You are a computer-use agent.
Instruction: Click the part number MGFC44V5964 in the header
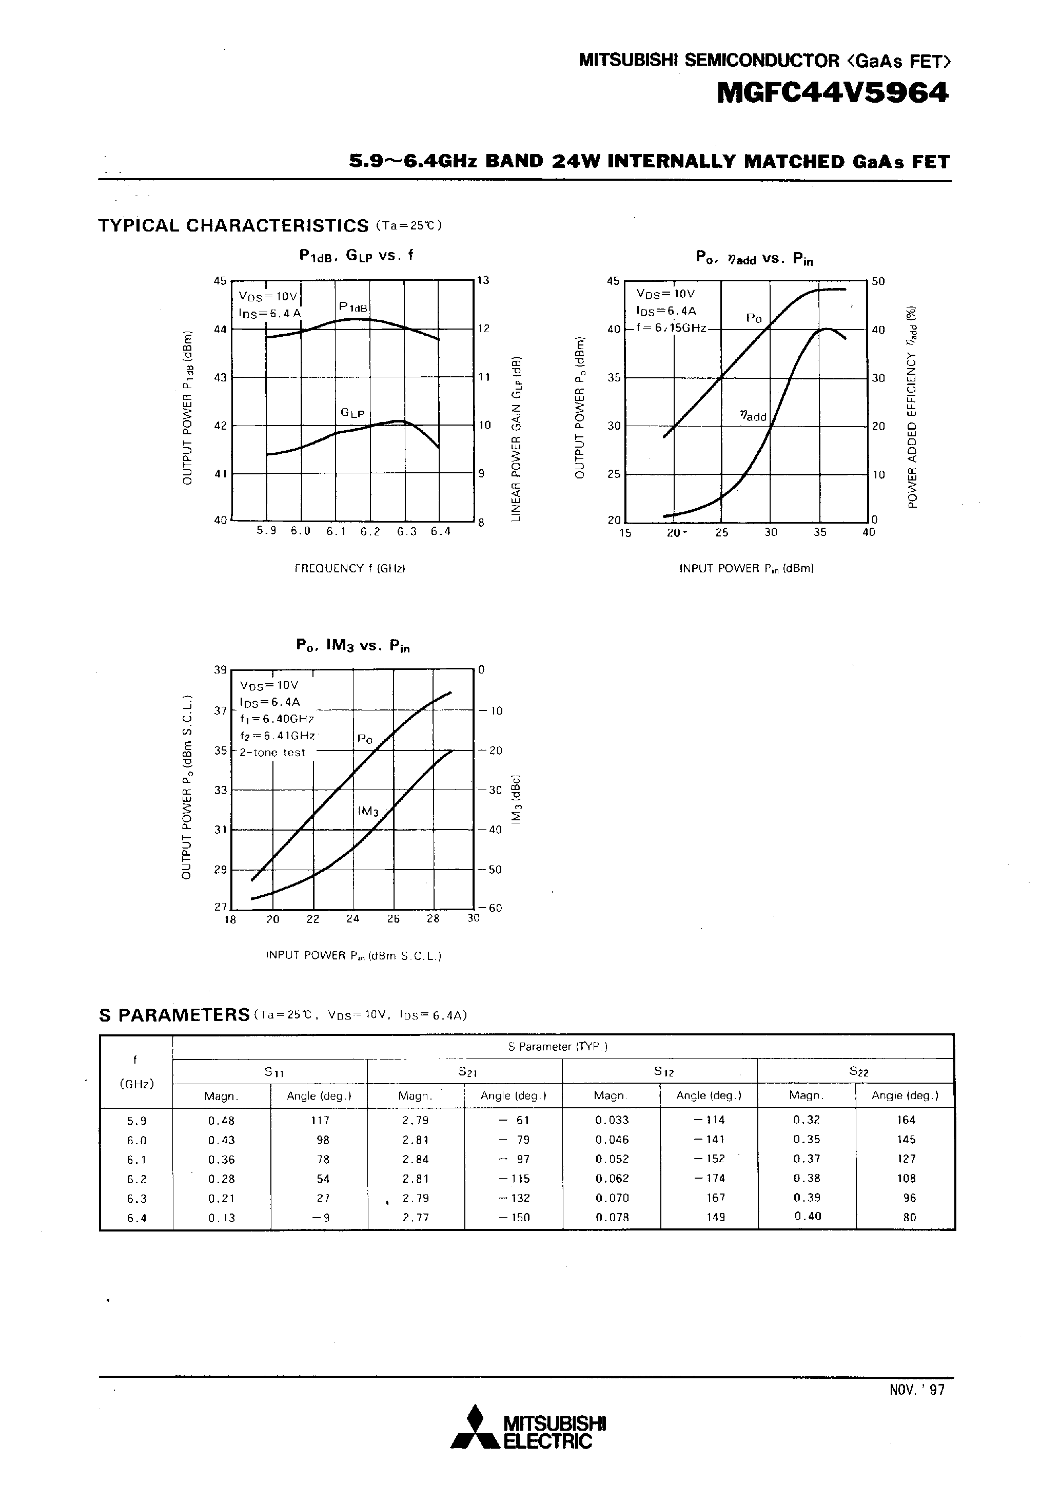[x=832, y=93]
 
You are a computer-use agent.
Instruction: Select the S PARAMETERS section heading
[x=174, y=1015]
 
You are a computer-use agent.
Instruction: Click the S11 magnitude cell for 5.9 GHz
[x=221, y=1120]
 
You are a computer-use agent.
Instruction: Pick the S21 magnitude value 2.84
[x=415, y=1159]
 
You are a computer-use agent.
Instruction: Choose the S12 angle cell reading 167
[x=716, y=1198]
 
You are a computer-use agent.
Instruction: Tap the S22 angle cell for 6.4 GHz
[x=909, y=1217]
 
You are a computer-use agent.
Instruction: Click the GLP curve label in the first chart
[x=353, y=414]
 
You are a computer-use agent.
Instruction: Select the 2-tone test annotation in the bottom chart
[x=272, y=753]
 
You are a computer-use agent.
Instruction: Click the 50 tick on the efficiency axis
[x=878, y=281]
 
